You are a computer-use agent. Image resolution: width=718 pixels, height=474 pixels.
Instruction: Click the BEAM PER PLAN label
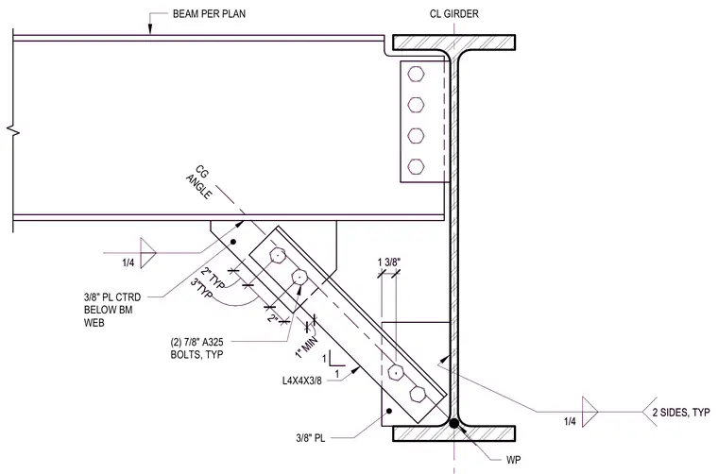[209, 14]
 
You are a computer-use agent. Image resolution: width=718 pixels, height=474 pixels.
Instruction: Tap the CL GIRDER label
[453, 14]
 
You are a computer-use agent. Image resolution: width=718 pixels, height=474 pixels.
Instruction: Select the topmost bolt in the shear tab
[416, 74]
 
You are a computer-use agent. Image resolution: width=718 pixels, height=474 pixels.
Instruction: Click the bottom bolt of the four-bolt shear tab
[416, 166]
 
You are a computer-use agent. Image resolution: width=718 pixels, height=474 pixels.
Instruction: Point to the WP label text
[513, 459]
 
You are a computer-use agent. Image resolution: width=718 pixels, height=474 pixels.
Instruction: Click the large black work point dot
[453, 423]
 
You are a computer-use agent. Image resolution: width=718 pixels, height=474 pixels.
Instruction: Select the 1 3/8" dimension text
[389, 262]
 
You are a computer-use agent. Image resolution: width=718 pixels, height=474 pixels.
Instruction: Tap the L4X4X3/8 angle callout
[301, 381]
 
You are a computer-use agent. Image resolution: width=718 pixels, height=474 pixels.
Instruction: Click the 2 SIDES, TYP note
[681, 413]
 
